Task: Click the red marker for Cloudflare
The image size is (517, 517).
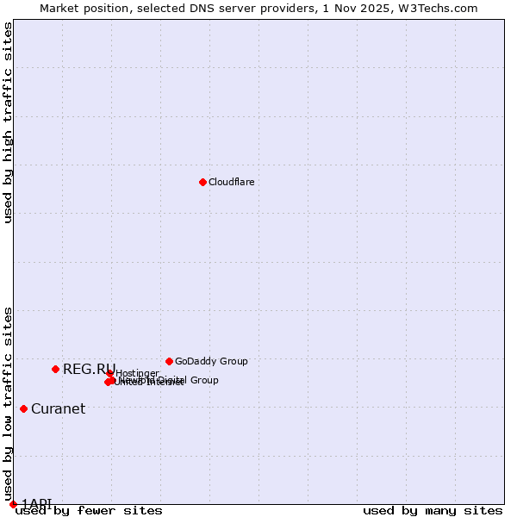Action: (202, 182)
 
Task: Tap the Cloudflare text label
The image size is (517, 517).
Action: (231, 182)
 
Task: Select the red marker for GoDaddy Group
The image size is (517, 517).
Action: (169, 361)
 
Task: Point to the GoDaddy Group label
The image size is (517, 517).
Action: (211, 361)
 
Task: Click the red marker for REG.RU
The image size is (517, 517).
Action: (55, 369)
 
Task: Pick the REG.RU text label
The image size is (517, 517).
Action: (89, 369)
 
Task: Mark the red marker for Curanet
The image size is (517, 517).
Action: (23, 408)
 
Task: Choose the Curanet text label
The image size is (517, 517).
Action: (58, 408)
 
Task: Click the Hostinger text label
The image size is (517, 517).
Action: (137, 373)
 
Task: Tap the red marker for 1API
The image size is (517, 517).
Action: (13, 504)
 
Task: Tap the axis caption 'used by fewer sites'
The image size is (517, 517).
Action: (89, 510)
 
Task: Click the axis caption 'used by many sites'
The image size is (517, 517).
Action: (433, 510)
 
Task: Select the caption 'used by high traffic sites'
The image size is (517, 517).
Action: (8, 122)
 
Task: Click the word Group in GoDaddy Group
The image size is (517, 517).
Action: (233, 361)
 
